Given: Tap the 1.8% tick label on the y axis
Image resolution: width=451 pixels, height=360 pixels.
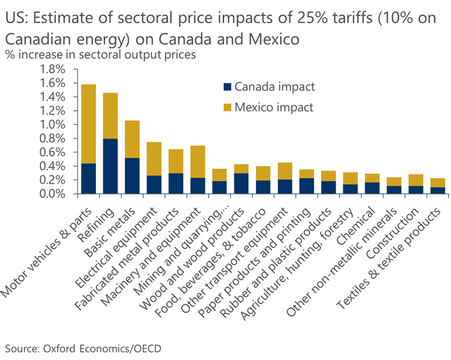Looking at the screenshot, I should [53, 70].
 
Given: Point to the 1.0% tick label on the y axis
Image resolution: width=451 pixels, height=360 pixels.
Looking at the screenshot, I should [53, 124].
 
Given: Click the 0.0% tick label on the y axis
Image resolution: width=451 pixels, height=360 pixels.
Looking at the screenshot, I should [53, 193].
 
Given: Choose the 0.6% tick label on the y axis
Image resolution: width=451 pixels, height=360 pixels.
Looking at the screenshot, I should [53, 152].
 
